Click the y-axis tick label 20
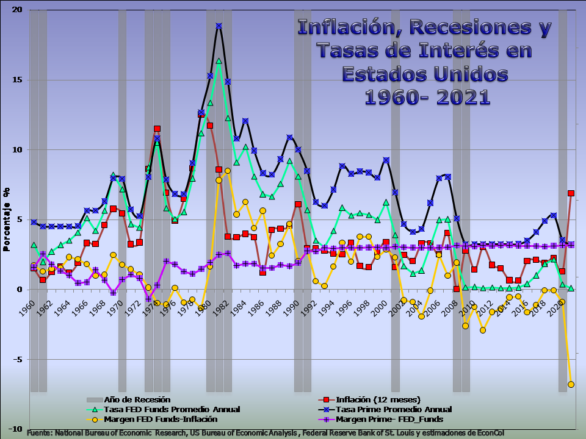(x=16, y=10)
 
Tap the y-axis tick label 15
(x=16, y=80)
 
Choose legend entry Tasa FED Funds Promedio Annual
(x=172, y=410)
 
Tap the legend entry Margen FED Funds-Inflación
(x=161, y=419)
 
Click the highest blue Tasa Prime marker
(x=219, y=26)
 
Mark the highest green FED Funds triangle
(x=219, y=61)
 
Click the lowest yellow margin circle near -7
(x=571, y=385)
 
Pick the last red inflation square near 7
(x=571, y=193)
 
